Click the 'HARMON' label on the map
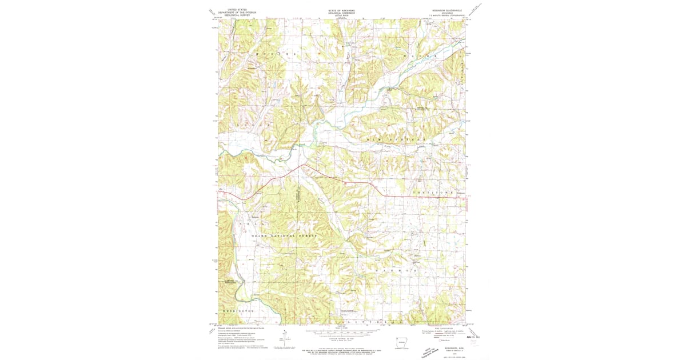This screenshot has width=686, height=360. coord(394,267)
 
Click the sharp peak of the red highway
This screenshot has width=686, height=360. coord(302,166)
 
